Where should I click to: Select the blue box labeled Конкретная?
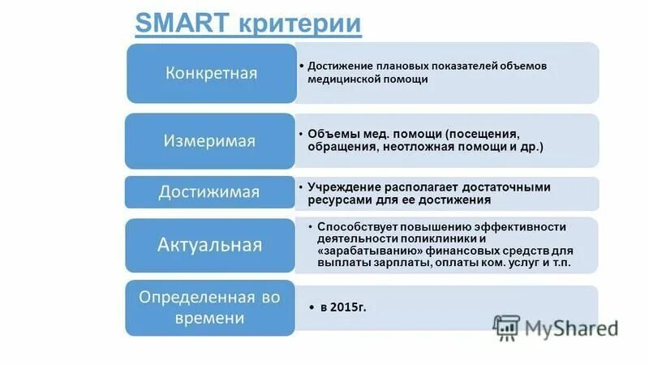point(211,73)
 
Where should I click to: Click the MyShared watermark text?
point(571,328)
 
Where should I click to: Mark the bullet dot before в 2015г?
point(312,309)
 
